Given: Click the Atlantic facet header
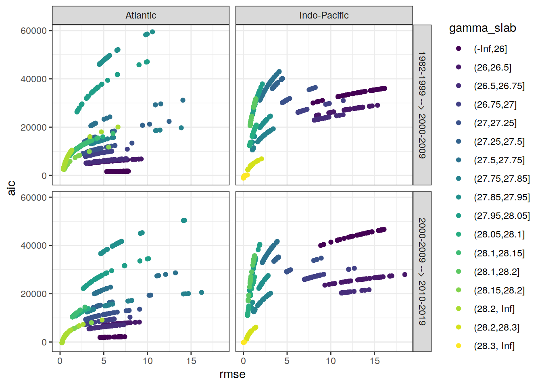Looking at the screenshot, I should (141, 15).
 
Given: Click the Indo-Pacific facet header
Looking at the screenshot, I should (324, 15).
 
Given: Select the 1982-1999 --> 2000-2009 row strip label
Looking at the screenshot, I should (422, 105).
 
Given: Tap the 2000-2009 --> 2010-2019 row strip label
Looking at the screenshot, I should (422, 271).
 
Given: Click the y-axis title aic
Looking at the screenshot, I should (11, 188).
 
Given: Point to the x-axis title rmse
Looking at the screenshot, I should (232, 375).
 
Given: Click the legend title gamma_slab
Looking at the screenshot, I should (482, 28).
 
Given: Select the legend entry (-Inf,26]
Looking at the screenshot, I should (490, 49).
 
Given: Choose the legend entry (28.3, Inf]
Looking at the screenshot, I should (494, 346).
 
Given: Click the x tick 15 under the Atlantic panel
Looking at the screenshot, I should (191, 361).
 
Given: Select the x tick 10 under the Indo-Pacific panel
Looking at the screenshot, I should (331, 361).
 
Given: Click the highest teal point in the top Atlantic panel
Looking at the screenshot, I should (152, 32).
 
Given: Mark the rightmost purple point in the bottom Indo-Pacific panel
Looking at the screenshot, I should (405, 275).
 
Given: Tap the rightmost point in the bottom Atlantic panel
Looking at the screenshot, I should (202, 292).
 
